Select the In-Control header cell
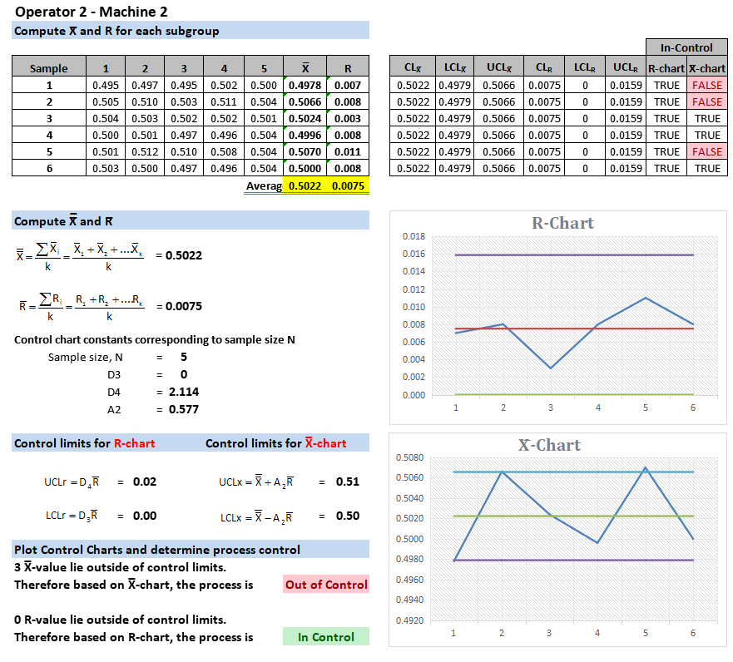point(686,47)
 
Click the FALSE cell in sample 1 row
point(706,85)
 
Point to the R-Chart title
point(562,223)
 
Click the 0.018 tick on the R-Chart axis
point(414,237)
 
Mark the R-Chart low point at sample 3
point(550,368)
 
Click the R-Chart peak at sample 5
point(646,298)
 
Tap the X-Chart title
point(550,445)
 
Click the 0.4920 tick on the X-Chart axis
point(409,620)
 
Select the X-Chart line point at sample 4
point(597,543)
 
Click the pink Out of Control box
point(326,584)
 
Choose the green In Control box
point(326,637)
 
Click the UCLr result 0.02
point(145,482)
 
